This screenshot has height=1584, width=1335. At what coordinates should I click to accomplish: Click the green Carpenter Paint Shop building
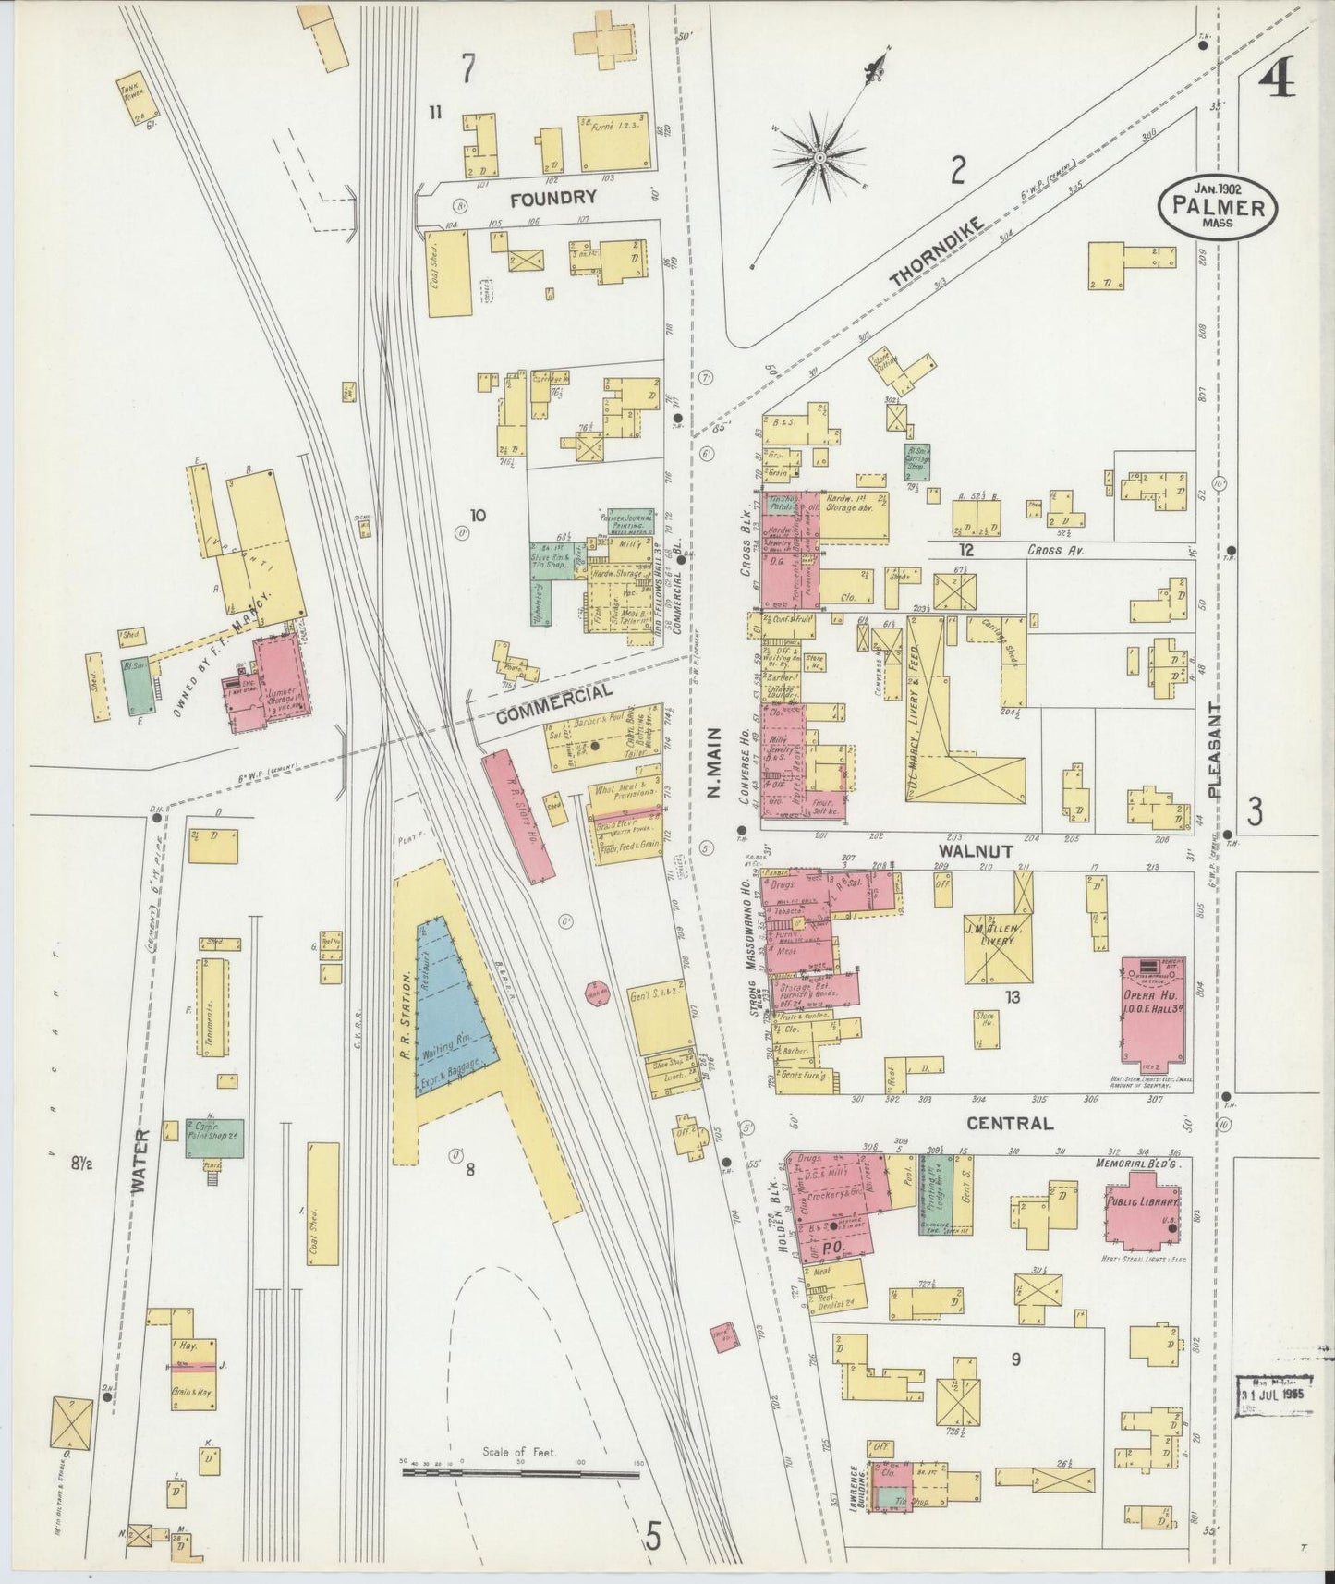[x=214, y=1136]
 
